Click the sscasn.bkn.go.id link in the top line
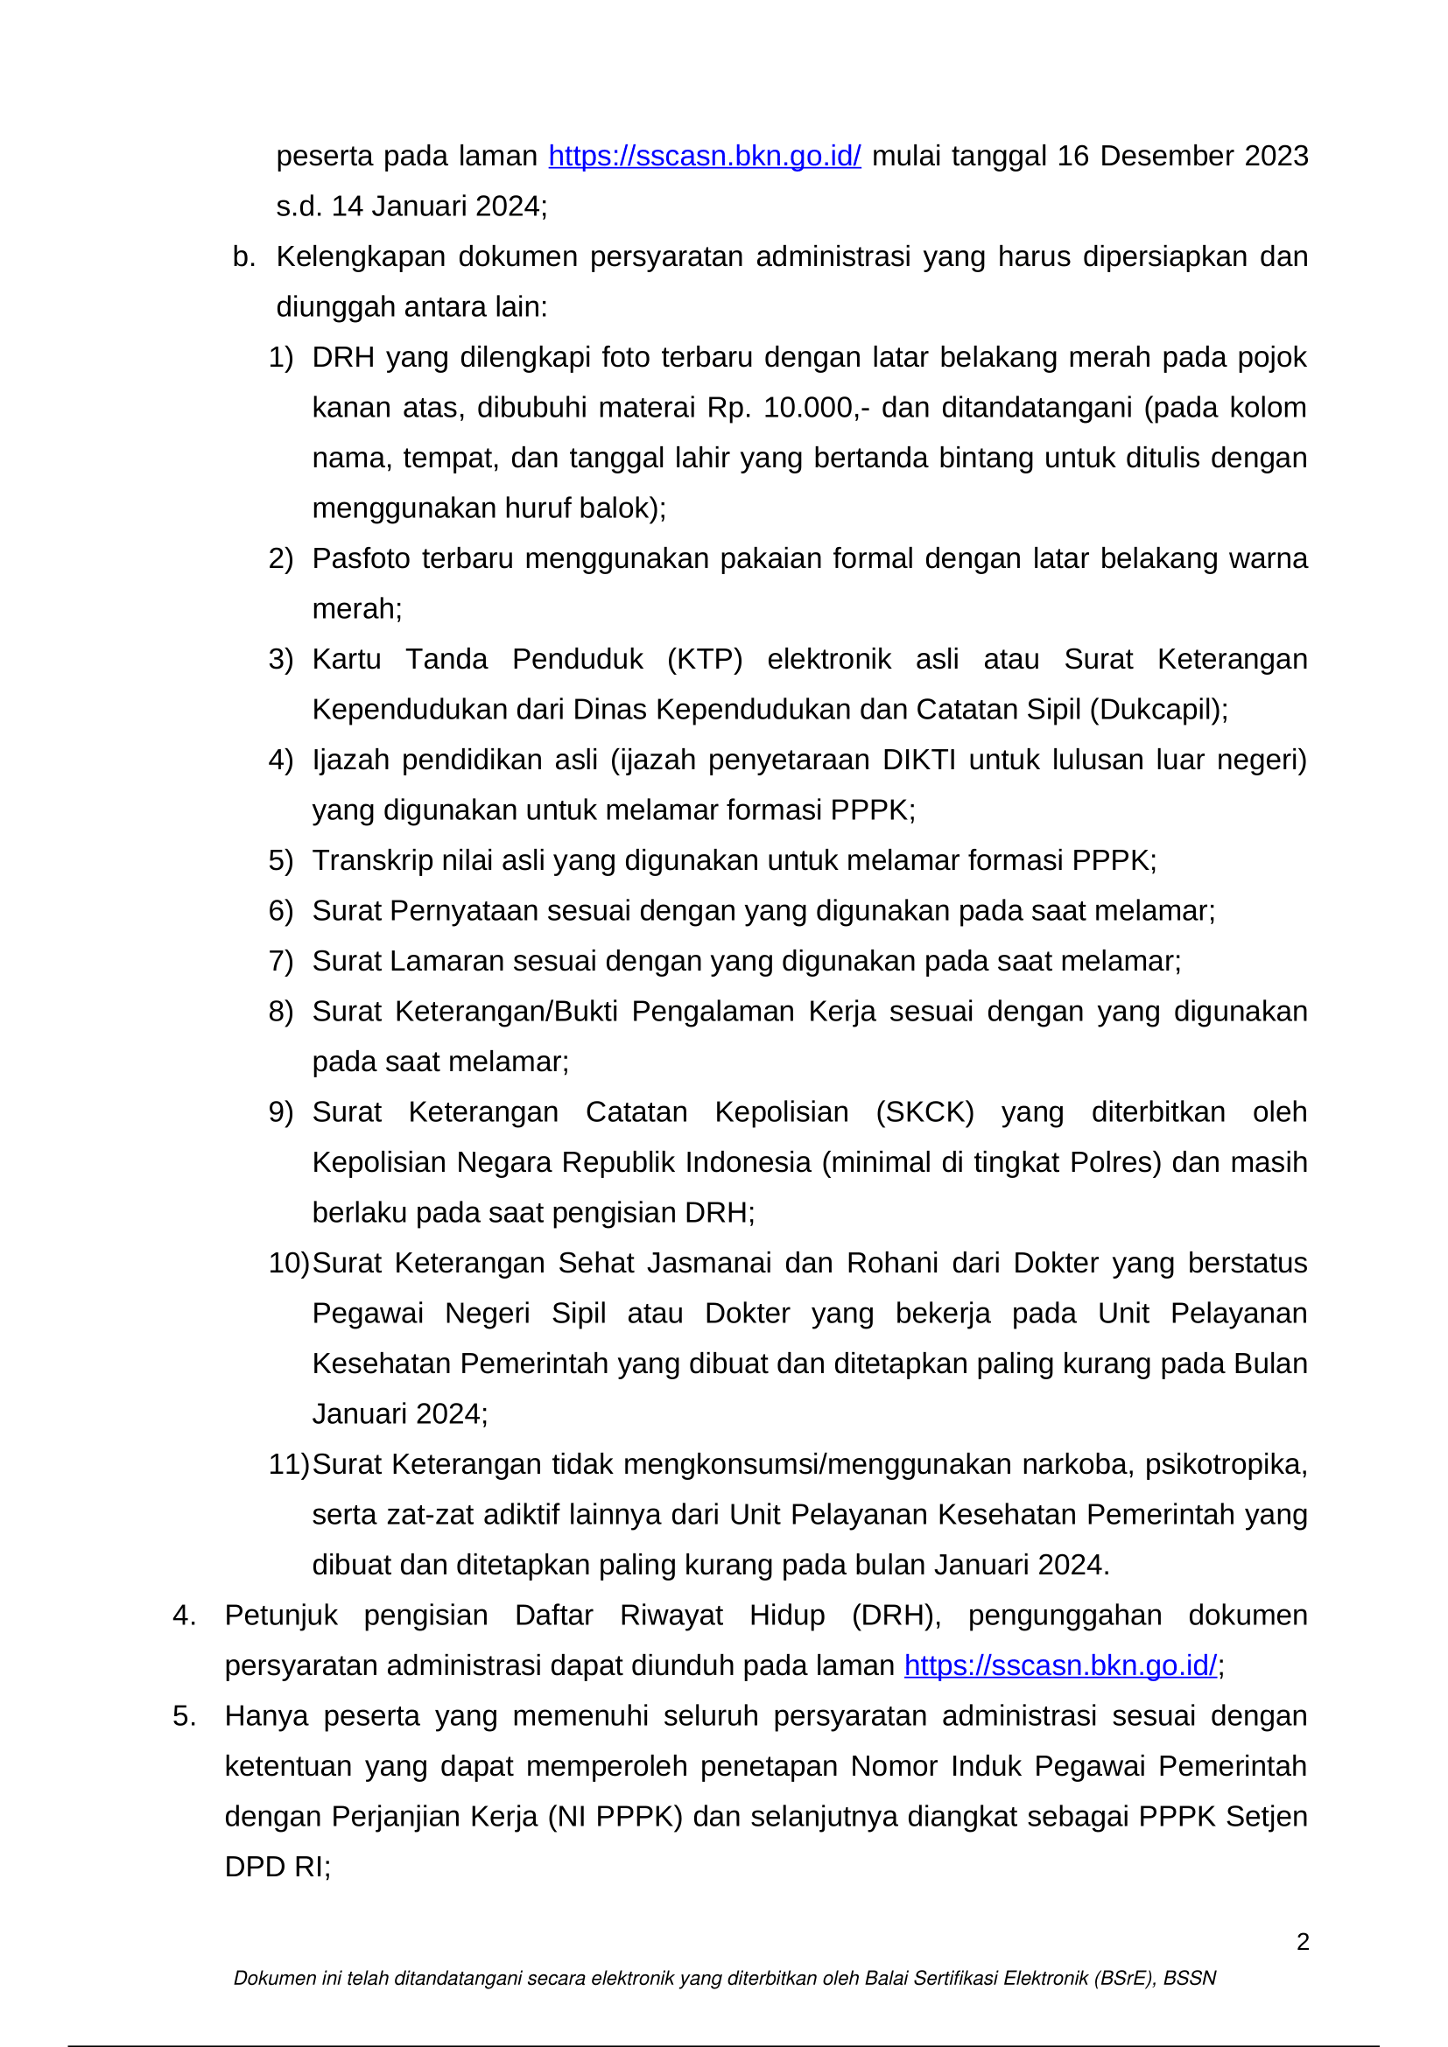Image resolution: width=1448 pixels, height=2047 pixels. point(705,156)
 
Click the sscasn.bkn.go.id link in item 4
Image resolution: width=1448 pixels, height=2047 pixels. point(1060,1665)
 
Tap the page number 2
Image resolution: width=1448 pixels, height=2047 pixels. point(1303,1942)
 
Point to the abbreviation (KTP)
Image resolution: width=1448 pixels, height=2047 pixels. point(705,659)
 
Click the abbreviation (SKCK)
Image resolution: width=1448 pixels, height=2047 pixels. point(924,1111)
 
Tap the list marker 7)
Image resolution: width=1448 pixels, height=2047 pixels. point(281,961)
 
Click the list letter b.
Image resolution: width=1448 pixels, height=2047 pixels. point(243,256)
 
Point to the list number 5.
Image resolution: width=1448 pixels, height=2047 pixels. point(184,1716)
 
